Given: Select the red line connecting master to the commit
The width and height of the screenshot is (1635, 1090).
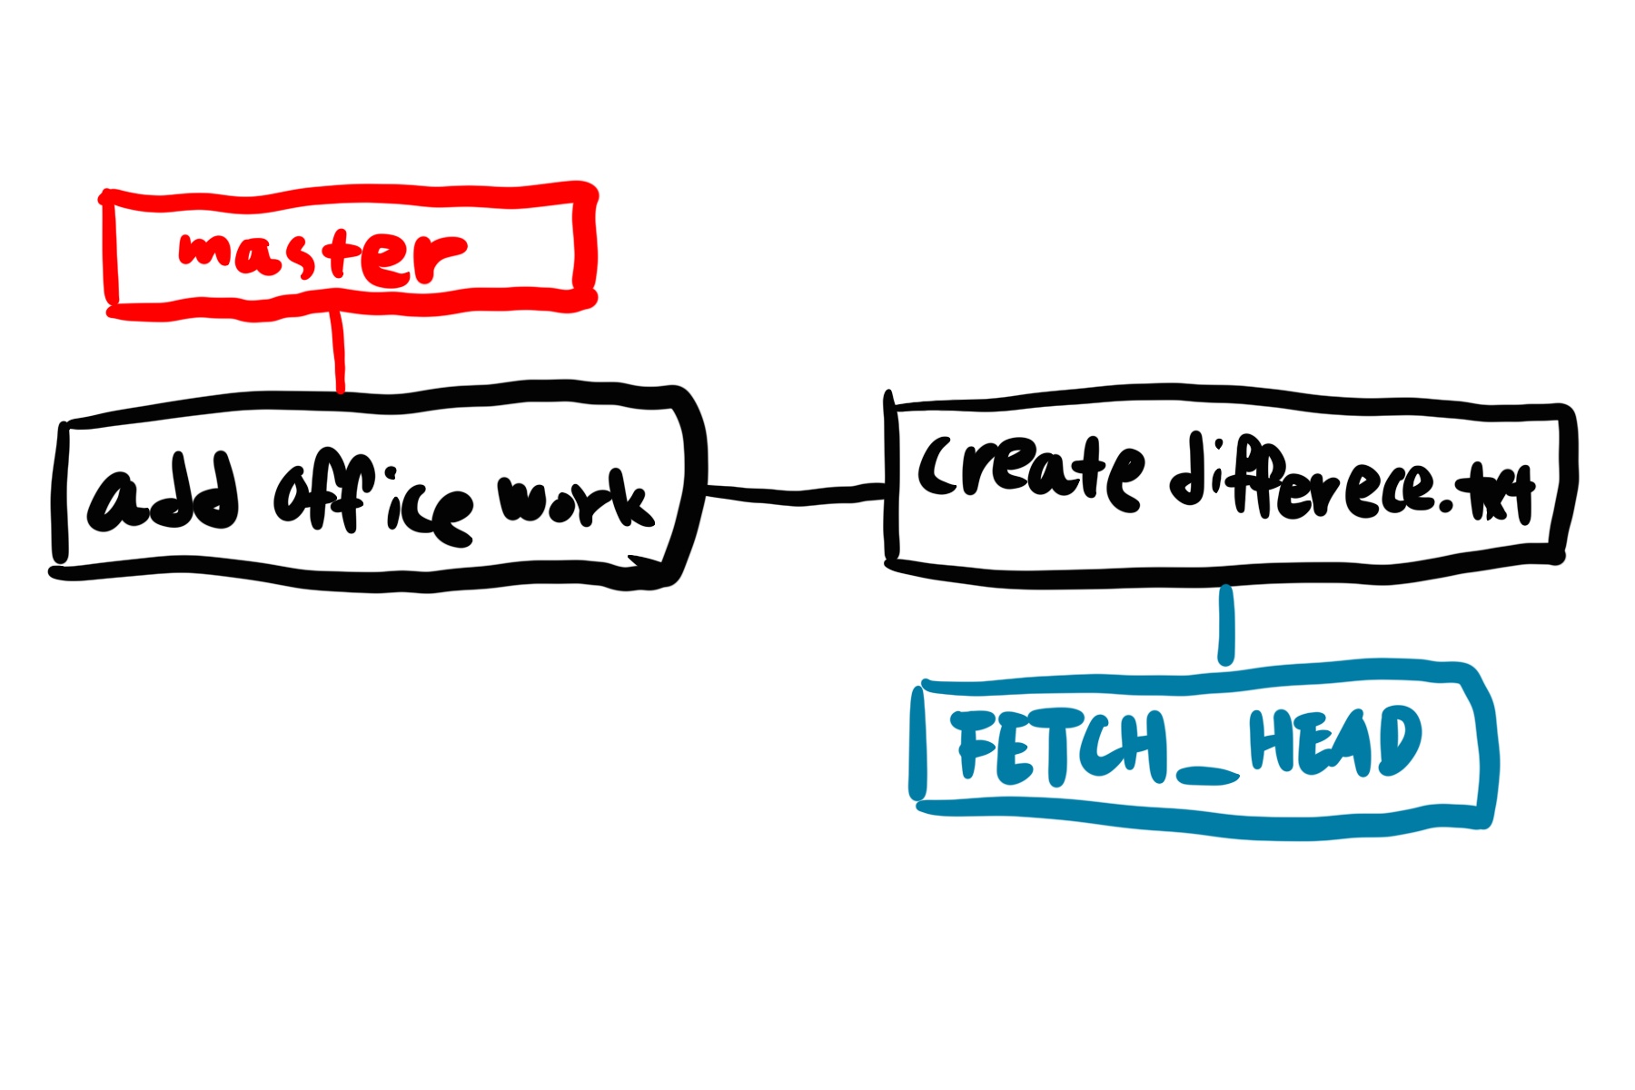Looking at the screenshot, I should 339,350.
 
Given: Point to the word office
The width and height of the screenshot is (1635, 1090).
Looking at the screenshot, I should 372,504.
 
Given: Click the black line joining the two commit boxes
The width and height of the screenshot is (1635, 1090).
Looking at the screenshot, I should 795,495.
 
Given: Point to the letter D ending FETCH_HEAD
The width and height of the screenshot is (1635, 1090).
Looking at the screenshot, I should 1399,740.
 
